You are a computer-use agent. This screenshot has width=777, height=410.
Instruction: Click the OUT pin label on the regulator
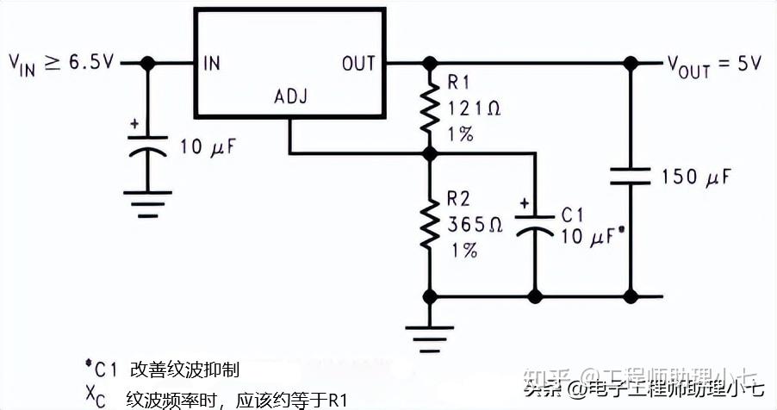point(358,63)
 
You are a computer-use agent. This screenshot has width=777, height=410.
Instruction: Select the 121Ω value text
point(474,109)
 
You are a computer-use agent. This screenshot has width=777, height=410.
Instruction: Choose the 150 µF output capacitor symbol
point(631,177)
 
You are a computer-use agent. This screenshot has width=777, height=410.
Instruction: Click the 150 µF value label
point(696,178)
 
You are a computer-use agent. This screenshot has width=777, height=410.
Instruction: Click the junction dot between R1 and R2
point(428,154)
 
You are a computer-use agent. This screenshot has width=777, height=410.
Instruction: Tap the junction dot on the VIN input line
point(147,63)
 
